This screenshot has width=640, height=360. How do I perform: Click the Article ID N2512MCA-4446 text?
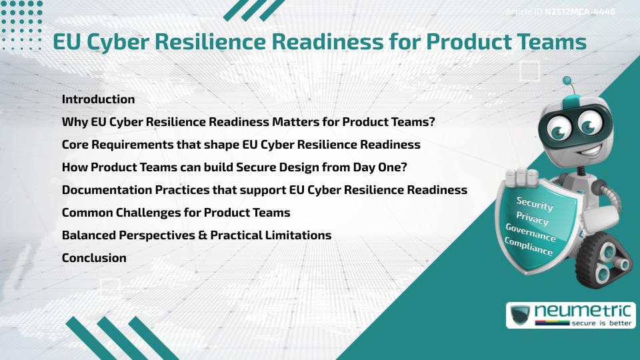tap(560, 11)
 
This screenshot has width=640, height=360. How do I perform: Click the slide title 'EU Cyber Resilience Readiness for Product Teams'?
tap(319, 41)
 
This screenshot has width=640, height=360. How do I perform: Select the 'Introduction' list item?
tap(98, 99)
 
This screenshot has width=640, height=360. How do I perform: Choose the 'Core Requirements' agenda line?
tap(241, 145)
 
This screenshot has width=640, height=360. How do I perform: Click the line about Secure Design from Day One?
tap(234, 167)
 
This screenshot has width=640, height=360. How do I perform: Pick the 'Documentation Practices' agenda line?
tap(264, 190)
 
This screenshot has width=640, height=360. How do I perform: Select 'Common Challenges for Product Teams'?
tap(176, 213)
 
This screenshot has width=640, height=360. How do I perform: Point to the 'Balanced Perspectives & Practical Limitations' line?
tap(196, 235)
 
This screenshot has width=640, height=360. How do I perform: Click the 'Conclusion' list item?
tap(94, 258)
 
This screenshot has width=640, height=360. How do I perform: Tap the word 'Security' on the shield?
tap(535, 204)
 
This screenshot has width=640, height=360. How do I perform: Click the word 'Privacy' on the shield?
tap(532, 219)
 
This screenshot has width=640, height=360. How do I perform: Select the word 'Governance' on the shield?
tap(530, 233)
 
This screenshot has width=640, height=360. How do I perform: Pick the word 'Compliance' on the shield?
tap(528, 247)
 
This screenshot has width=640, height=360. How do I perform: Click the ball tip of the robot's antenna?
tap(567, 81)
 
